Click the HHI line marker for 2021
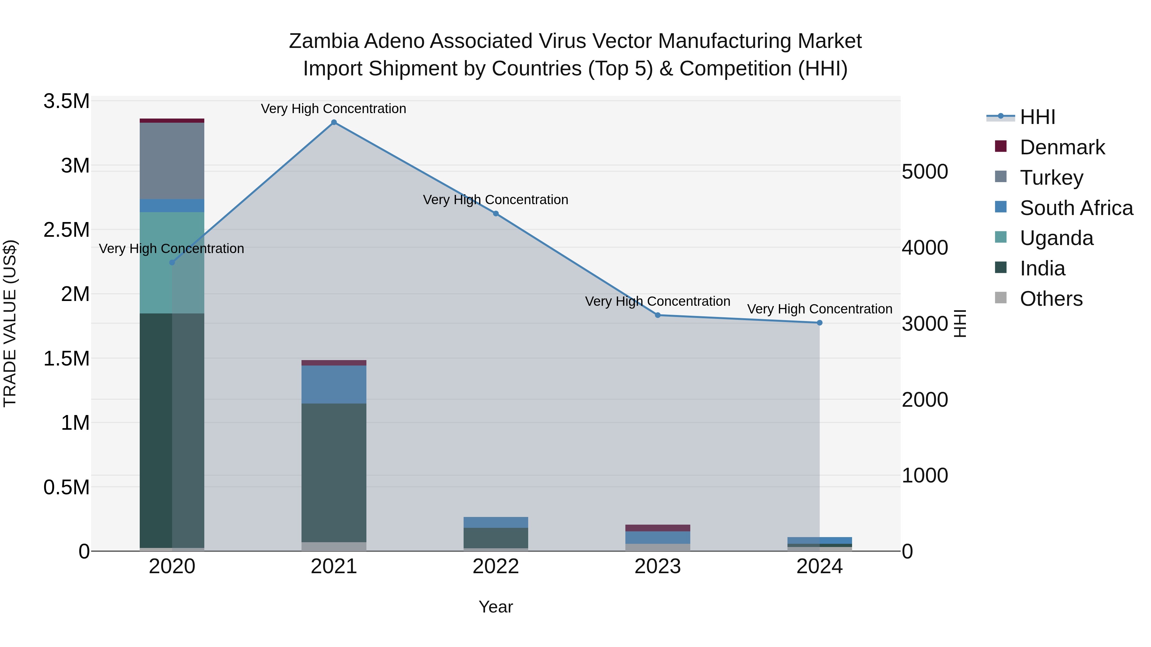[x=334, y=122]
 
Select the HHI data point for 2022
[x=496, y=213]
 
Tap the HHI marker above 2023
[x=658, y=315]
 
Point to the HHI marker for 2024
[x=819, y=323]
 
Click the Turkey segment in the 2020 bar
[x=172, y=161]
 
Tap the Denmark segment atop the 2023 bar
[x=658, y=528]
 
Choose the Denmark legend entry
[x=1062, y=147]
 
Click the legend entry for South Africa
[x=1076, y=208]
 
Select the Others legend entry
[x=1051, y=299]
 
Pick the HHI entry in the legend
[x=1037, y=117]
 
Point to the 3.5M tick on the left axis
[x=67, y=101]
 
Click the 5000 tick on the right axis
[x=924, y=172]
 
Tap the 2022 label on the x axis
[x=496, y=566]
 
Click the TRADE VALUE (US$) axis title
[x=10, y=323]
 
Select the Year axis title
[x=496, y=607]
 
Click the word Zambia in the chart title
[x=324, y=41]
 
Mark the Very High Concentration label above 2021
[x=333, y=109]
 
